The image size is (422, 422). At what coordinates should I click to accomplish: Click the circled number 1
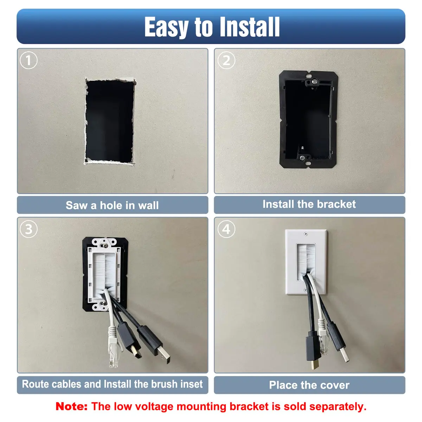point(28,60)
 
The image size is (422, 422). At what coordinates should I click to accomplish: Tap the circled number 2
point(226,60)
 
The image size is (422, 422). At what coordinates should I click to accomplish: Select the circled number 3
point(28,229)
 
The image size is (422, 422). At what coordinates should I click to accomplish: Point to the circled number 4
point(226,229)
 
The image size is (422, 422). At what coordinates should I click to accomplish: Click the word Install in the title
point(250,27)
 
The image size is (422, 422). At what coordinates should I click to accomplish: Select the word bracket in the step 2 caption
point(336,204)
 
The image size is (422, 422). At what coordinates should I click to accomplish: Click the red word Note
point(71,407)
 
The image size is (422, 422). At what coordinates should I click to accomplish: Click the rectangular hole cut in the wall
point(109,121)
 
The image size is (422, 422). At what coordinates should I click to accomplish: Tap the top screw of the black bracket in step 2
point(314,82)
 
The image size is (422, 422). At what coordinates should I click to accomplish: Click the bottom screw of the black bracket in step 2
point(302,158)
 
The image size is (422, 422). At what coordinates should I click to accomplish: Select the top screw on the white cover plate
point(306,234)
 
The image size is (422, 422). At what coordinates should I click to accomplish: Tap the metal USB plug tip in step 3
point(164,354)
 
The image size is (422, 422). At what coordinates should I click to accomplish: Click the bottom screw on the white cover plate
point(305,290)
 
